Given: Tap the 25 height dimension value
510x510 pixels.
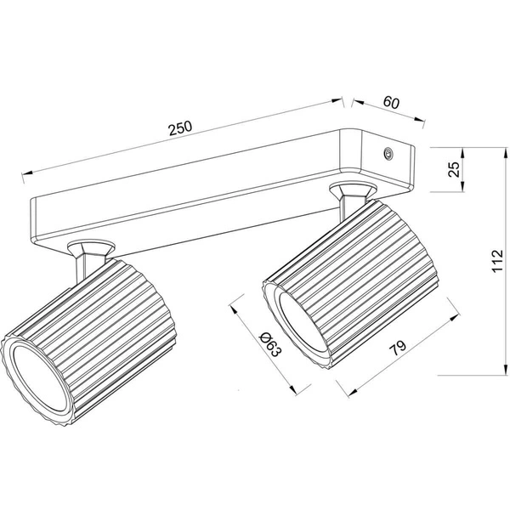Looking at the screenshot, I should tap(453, 169).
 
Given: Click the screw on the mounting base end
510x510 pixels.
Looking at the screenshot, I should tap(387, 154).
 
